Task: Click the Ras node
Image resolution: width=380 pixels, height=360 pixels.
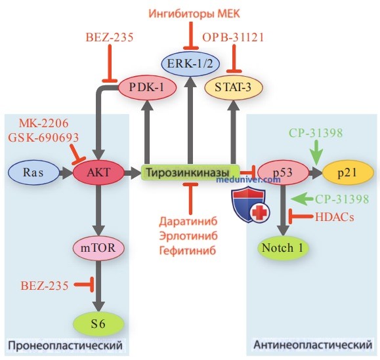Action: (33, 172)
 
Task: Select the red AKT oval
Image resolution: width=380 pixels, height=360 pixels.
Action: (98, 172)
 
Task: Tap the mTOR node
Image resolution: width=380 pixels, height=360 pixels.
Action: (98, 248)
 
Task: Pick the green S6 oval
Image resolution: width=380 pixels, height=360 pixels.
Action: (98, 324)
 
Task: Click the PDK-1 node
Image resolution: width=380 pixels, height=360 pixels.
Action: (148, 88)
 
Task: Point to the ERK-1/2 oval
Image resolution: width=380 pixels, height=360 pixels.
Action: (190, 64)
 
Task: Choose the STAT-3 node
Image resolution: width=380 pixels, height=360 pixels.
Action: (234, 88)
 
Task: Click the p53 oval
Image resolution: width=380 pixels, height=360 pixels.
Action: (283, 172)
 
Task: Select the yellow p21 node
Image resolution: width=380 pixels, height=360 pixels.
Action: (348, 172)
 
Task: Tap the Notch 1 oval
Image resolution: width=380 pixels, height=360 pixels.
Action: (283, 248)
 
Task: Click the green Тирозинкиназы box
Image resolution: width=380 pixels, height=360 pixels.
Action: (190, 172)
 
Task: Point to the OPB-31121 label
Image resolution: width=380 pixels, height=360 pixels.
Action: (233, 37)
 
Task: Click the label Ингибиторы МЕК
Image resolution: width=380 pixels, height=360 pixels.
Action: (194, 14)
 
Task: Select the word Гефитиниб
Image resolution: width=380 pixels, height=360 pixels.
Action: (188, 250)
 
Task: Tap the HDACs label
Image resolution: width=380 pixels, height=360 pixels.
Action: (335, 217)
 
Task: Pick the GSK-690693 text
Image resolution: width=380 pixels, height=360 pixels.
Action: (43, 138)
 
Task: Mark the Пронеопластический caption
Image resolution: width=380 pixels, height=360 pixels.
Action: (65, 345)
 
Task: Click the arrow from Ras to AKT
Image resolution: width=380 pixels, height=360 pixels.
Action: (66, 173)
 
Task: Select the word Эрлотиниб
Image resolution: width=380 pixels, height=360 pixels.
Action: (188, 236)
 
